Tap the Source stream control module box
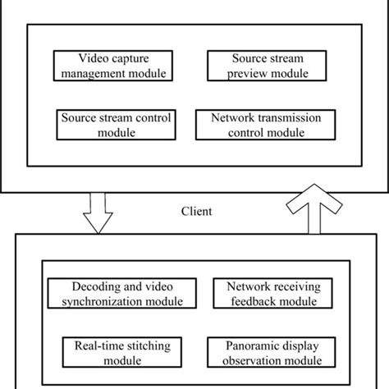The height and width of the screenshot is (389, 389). [115, 124]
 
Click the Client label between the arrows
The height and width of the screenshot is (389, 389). [196, 211]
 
